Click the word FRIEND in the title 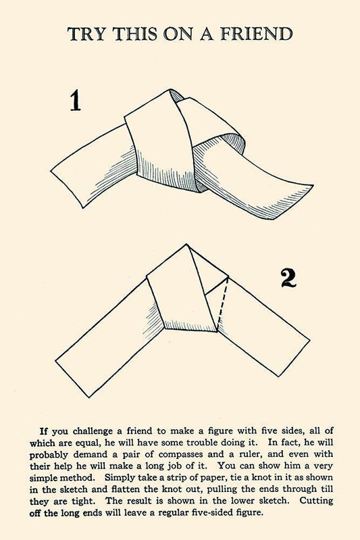257,34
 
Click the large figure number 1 76,100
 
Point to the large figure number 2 288,278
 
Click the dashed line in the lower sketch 223,301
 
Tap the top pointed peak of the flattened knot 186,245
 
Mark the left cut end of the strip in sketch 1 67,189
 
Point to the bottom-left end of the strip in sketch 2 72,379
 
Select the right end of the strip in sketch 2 294,358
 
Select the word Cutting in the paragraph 316,501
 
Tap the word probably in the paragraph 49,455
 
